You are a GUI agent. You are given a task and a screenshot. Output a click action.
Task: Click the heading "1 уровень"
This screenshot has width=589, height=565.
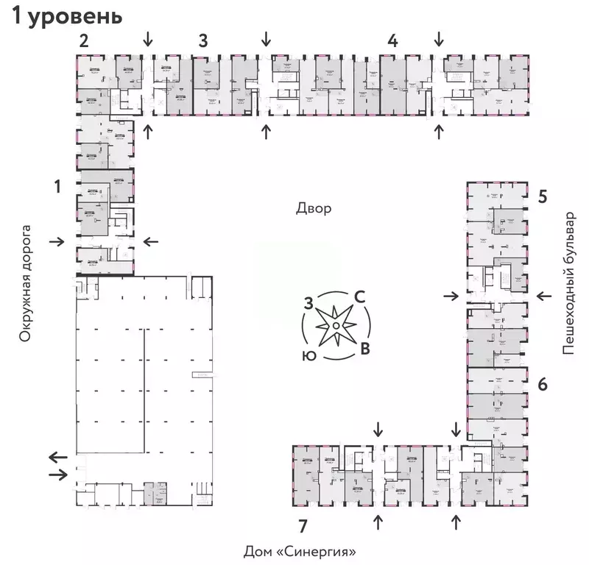pyautogui.click(x=66, y=16)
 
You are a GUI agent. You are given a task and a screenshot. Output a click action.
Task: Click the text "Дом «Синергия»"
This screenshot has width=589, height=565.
pyautogui.click(x=305, y=550)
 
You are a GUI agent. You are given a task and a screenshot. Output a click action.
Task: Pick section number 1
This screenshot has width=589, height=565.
pyautogui.click(x=57, y=188)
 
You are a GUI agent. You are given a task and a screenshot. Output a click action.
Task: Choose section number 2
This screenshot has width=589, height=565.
pyautogui.click(x=84, y=40)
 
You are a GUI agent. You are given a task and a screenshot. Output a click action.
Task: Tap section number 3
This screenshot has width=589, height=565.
pyautogui.click(x=202, y=40)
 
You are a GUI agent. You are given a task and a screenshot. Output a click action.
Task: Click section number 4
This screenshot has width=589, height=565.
pyautogui.click(x=393, y=40)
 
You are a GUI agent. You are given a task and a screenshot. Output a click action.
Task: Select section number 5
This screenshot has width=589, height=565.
pyautogui.click(x=542, y=196)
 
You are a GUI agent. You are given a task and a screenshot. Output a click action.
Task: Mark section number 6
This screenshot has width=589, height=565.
pyautogui.click(x=542, y=384)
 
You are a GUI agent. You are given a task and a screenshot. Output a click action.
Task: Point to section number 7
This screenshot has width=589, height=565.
pyautogui.click(x=303, y=525)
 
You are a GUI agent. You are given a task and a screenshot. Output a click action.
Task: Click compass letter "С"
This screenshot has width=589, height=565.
pyautogui.click(x=360, y=296)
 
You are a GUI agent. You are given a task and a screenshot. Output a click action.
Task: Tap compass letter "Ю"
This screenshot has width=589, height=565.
pyautogui.click(x=309, y=355)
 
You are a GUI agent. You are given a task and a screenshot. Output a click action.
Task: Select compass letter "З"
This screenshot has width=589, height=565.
pyautogui.click(x=309, y=302)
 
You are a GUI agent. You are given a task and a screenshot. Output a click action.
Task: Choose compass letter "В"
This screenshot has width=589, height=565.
pyautogui.click(x=364, y=348)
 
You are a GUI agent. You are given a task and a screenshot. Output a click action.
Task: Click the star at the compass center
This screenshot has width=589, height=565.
pyautogui.click(x=335, y=324)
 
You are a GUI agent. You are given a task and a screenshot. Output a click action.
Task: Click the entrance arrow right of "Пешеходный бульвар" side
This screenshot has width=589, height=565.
pyautogui.click(x=545, y=296)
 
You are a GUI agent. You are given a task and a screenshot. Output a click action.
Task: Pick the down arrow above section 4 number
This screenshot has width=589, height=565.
pyautogui.click(x=440, y=37)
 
